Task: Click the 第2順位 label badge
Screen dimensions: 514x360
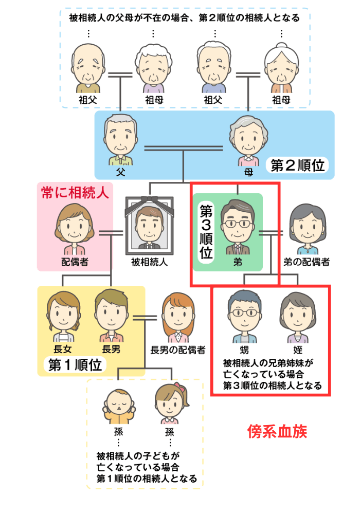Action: pyautogui.click(x=297, y=166)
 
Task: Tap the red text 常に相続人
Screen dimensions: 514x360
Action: pyautogui.click(x=75, y=193)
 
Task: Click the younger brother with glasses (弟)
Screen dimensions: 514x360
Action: pyautogui.click(x=237, y=225)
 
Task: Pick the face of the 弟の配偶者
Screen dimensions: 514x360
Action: pyautogui.click(x=308, y=227)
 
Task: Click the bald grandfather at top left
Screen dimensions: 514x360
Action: pyautogui.click(x=88, y=64)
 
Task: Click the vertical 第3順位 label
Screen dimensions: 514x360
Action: pyautogui.click(x=206, y=232)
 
